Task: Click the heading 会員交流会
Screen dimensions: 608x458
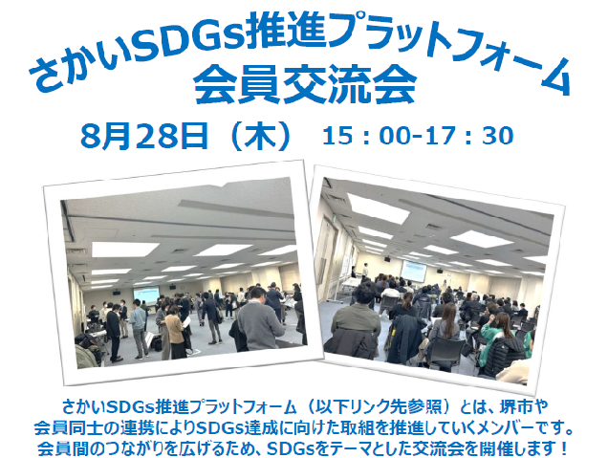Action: (305, 84)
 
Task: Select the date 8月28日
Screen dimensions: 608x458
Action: (143, 136)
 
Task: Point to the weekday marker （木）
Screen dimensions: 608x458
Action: (260, 136)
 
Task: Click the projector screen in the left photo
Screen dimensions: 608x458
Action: (146, 294)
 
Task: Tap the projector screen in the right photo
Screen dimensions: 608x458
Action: (413, 271)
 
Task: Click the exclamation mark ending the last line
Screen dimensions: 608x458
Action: (564, 449)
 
